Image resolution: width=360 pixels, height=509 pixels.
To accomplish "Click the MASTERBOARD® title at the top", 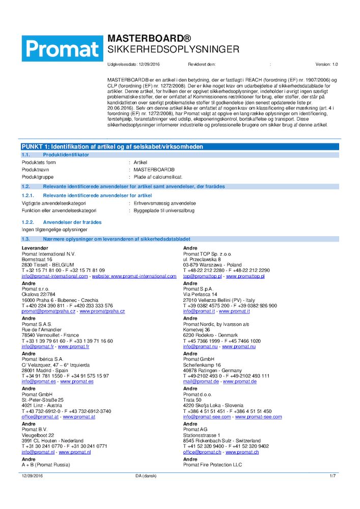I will tap(149, 39).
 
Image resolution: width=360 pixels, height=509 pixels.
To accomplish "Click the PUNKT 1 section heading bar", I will tap(112, 147).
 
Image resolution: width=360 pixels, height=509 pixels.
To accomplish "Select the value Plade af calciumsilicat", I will tap(157, 177).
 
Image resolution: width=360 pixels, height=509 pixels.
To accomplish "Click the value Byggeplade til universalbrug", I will tap(164, 210).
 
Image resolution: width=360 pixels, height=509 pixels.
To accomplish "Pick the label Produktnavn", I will tap(36, 169).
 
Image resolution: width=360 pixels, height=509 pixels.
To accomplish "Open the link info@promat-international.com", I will tap(54, 276).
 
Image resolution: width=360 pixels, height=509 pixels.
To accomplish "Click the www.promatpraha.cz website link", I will tap(102, 311).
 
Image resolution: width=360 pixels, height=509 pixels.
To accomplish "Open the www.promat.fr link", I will tap(73, 346).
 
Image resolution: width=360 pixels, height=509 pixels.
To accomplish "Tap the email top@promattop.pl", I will tap(202, 276).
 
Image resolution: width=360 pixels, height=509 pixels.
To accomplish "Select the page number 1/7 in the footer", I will tap(333, 475).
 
